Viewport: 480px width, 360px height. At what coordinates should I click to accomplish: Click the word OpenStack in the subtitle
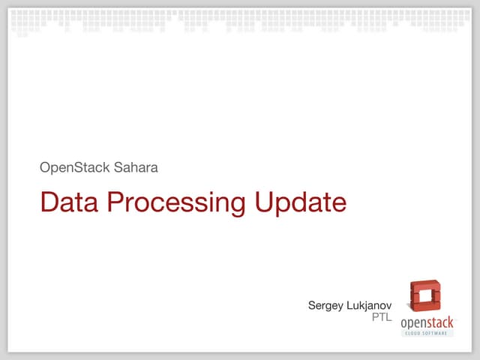pos(74,167)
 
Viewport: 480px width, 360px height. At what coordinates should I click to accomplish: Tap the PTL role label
pos(382,318)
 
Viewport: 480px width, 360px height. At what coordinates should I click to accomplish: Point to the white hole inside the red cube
pos(425,295)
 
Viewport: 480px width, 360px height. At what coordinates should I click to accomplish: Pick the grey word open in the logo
pos(415,322)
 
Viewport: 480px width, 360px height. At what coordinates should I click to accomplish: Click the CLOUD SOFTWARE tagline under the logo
pos(427,332)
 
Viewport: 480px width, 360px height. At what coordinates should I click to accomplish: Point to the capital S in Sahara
pos(118,167)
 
